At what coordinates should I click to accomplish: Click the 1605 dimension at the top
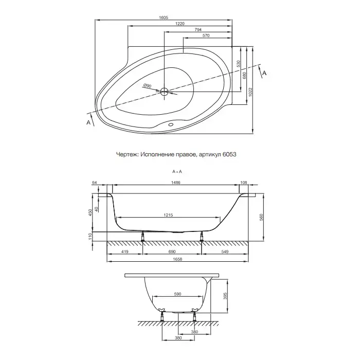pos(164,17)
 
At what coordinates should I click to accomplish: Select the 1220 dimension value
pos(180,24)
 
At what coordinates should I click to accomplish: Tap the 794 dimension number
pos(198,30)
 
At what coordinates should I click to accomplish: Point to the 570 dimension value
pos(206,35)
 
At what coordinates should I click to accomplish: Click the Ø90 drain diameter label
pos(147,86)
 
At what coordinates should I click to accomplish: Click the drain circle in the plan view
pos(164,92)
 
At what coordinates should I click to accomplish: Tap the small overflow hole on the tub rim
pos(171,124)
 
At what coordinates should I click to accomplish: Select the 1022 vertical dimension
pos(250,92)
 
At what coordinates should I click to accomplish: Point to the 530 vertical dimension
pos(238,64)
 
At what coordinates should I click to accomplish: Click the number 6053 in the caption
pos(229,154)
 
